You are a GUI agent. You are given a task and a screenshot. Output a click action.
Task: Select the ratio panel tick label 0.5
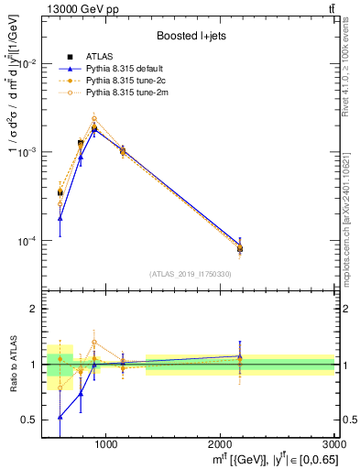[32, 420]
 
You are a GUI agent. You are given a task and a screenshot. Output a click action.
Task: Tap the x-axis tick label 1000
[105, 442]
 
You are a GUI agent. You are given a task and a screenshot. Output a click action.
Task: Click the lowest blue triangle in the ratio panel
[60, 417]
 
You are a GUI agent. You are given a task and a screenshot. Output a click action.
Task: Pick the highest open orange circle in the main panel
[94, 118]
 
